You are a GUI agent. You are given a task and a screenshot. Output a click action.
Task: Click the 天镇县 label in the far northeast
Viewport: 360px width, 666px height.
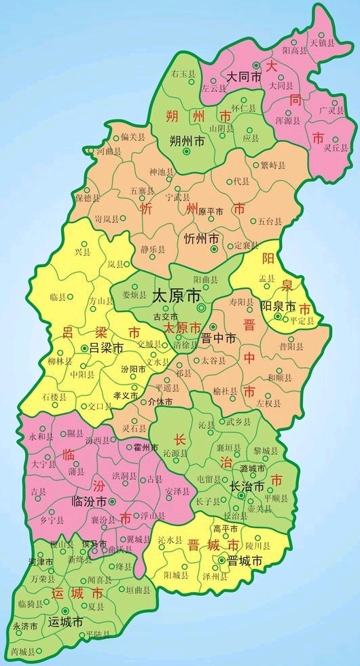point(323,42)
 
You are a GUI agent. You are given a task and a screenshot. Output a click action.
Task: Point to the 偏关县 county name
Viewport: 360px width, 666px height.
point(133,137)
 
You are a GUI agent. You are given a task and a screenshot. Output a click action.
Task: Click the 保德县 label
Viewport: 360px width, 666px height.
point(88,198)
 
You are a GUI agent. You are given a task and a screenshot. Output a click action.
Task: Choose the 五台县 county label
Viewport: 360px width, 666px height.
point(270,222)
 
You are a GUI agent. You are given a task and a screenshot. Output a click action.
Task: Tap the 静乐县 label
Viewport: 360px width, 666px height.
point(154,249)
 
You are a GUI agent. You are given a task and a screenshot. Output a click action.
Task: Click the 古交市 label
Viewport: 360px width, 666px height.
point(165,317)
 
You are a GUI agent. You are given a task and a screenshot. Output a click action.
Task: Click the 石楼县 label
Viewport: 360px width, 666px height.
point(54,396)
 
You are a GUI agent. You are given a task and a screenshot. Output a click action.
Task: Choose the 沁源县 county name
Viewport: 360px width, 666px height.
point(176,452)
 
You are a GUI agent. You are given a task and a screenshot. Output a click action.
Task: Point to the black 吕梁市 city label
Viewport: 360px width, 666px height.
point(106,347)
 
